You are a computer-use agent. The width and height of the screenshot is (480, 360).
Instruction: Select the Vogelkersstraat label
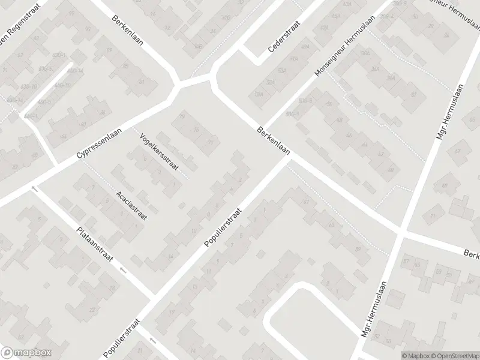[158, 151]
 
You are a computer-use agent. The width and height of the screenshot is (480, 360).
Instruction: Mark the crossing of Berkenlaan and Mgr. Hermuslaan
[400, 231]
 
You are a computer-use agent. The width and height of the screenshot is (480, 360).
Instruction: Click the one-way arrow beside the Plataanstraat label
[123, 270]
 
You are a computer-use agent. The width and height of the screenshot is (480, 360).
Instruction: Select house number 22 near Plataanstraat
[92, 310]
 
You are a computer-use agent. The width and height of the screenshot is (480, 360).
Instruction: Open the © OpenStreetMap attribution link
[454, 355]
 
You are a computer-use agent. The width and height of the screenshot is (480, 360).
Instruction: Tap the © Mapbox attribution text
[416, 355]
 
